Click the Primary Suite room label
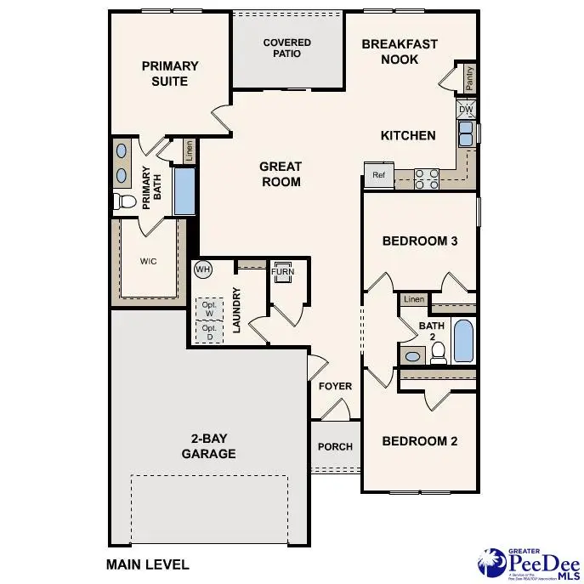(x=170, y=73)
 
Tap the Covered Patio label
(x=286, y=48)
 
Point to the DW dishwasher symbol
(x=466, y=110)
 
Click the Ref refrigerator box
(x=378, y=175)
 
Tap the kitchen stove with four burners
(x=427, y=179)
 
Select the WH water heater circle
(x=202, y=269)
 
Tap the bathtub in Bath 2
(x=463, y=342)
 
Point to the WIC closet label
(x=149, y=262)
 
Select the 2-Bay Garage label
(x=208, y=447)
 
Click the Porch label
(x=335, y=447)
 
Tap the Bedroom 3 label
(x=420, y=241)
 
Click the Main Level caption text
(x=148, y=564)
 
